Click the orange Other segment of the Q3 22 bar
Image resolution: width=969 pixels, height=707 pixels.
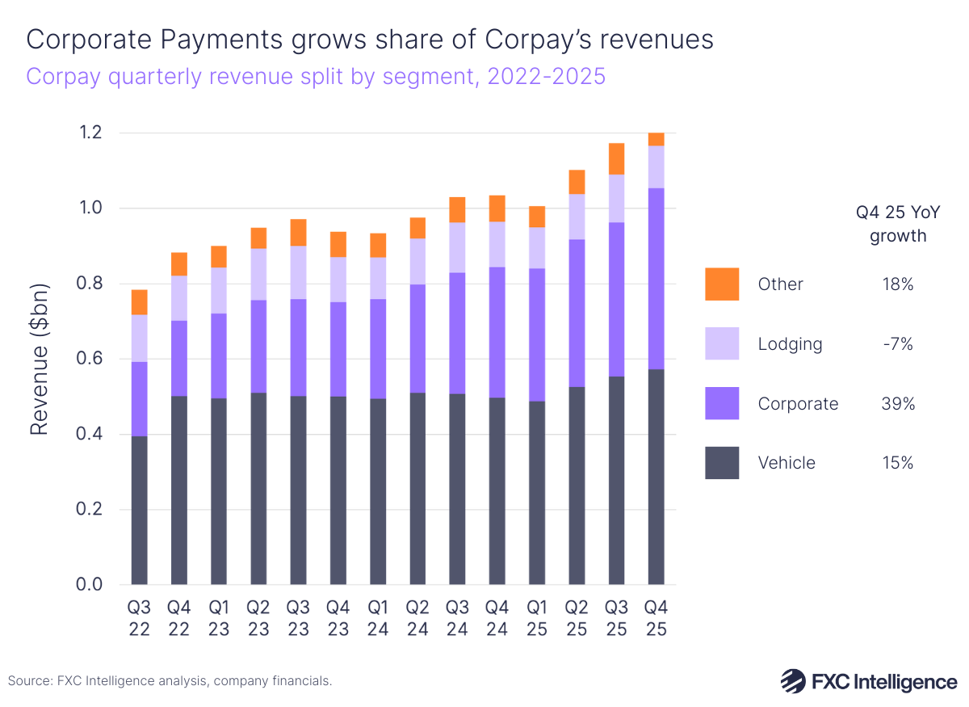[x=139, y=302]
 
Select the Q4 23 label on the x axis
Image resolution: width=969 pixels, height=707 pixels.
[x=338, y=618]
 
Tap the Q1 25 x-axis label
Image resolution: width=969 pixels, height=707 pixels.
[x=537, y=618]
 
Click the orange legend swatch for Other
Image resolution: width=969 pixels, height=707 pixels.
[x=722, y=284]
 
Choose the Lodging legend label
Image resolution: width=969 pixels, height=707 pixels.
[x=790, y=344]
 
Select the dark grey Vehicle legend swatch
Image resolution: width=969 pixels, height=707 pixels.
[x=722, y=463]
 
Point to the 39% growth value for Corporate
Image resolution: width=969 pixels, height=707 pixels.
[x=898, y=404]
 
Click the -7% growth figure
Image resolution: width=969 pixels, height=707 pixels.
[x=898, y=344]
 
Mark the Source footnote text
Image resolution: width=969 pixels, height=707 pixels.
[x=170, y=681]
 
